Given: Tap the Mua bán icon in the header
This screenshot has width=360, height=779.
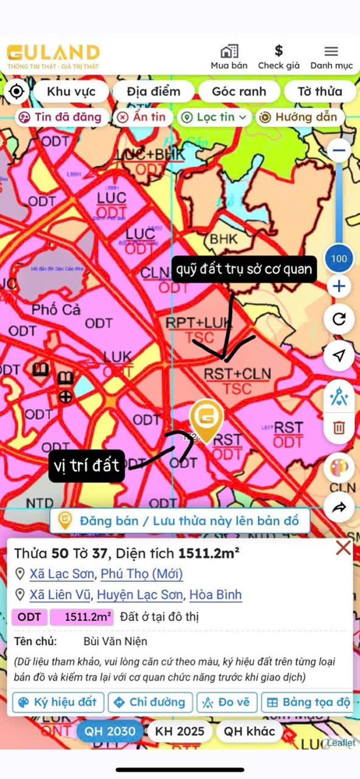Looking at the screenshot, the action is click(229, 52).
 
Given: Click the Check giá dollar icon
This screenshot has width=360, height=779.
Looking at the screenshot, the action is click(279, 52).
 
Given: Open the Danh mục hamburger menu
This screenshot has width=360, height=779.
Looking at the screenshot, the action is click(331, 52).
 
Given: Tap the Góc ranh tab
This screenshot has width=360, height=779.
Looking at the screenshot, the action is click(238, 91).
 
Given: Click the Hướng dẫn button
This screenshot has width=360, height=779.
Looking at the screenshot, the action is click(299, 117).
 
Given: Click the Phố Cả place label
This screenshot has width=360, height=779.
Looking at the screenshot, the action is click(56, 309).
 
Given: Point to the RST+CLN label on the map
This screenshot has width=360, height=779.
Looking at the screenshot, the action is click(237, 373).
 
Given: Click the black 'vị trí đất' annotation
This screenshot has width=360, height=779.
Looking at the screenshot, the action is click(86, 466).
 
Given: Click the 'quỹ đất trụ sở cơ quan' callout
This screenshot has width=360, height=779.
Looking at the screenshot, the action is click(244, 270).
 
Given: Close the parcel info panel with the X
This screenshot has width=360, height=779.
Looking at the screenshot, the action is click(343, 548).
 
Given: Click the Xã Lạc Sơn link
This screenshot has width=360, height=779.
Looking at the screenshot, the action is click(62, 574).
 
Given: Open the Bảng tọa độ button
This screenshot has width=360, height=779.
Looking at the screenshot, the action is click(308, 702).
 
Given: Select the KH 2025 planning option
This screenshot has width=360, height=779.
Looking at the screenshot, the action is click(180, 731).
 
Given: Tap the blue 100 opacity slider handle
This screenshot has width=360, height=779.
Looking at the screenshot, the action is click(339, 258).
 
